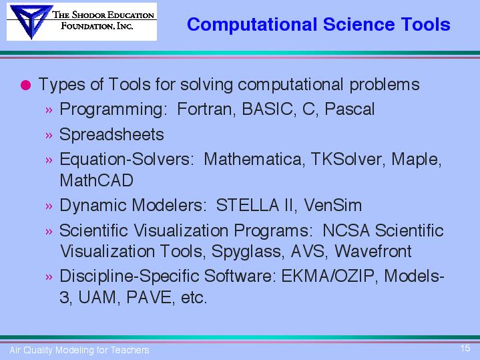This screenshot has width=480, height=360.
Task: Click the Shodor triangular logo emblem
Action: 31,21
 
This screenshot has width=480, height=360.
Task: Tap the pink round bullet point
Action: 26,85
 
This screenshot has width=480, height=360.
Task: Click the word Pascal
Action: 350,109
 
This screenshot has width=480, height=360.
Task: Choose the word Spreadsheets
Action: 111,134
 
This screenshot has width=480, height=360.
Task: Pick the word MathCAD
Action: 96,180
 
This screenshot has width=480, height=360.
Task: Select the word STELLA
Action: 248,205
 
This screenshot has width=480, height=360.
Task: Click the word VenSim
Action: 332,205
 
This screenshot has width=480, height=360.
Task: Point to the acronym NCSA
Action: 346,230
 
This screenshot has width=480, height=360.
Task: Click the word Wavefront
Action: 373,251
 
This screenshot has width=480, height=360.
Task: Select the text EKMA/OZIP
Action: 328,276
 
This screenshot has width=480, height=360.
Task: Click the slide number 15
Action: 465,348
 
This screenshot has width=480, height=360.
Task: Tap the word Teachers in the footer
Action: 130,350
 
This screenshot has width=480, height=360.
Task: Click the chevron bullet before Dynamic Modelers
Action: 49,206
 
